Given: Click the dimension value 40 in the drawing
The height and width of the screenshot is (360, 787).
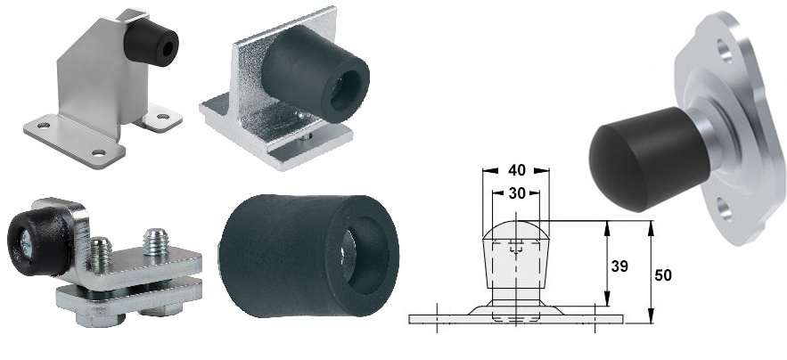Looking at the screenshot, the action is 516,170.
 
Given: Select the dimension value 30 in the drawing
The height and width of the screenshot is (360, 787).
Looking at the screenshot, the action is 516,192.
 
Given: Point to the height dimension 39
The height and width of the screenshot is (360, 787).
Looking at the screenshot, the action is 619,266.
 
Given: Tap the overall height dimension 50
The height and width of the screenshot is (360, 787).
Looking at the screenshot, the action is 663,275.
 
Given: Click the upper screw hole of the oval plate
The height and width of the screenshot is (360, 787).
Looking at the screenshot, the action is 725,50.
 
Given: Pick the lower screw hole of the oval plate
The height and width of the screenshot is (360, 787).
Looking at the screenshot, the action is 725,209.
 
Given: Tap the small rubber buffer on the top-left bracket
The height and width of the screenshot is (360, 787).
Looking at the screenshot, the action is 152,42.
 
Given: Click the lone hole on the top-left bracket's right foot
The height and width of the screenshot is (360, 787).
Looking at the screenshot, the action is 163,117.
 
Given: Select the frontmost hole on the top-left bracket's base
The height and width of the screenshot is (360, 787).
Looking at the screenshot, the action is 99,152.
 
